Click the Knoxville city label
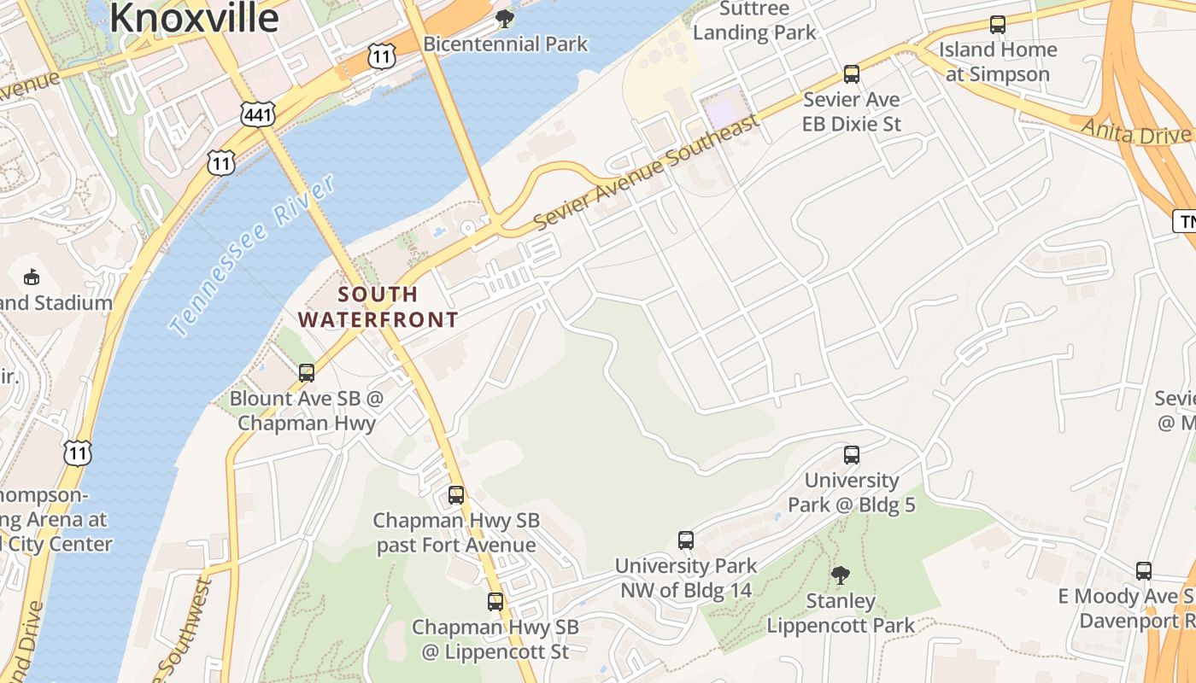click(x=194, y=17)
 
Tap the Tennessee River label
click(x=252, y=256)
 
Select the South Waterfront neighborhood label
click(x=378, y=307)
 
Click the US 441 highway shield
click(x=257, y=114)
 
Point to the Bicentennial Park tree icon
click(x=505, y=18)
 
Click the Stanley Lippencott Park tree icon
click(x=841, y=575)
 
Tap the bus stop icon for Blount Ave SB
click(x=307, y=373)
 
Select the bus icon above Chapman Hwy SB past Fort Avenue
click(x=456, y=495)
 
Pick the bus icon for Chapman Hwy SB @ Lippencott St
click(x=495, y=602)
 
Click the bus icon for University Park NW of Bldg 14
click(x=686, y=540)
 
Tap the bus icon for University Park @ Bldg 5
click(x=852, y=455)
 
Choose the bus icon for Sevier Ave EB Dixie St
click(x=852, y=74)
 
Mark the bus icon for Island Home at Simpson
click(x=998, y=25)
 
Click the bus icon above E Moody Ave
click(x=1144, y=571)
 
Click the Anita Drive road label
click(x=1136, y=132)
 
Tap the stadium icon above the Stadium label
click(x=32, y=277)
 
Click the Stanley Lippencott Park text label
click(x=841, y=613)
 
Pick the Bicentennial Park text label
click(x=506, y=44)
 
